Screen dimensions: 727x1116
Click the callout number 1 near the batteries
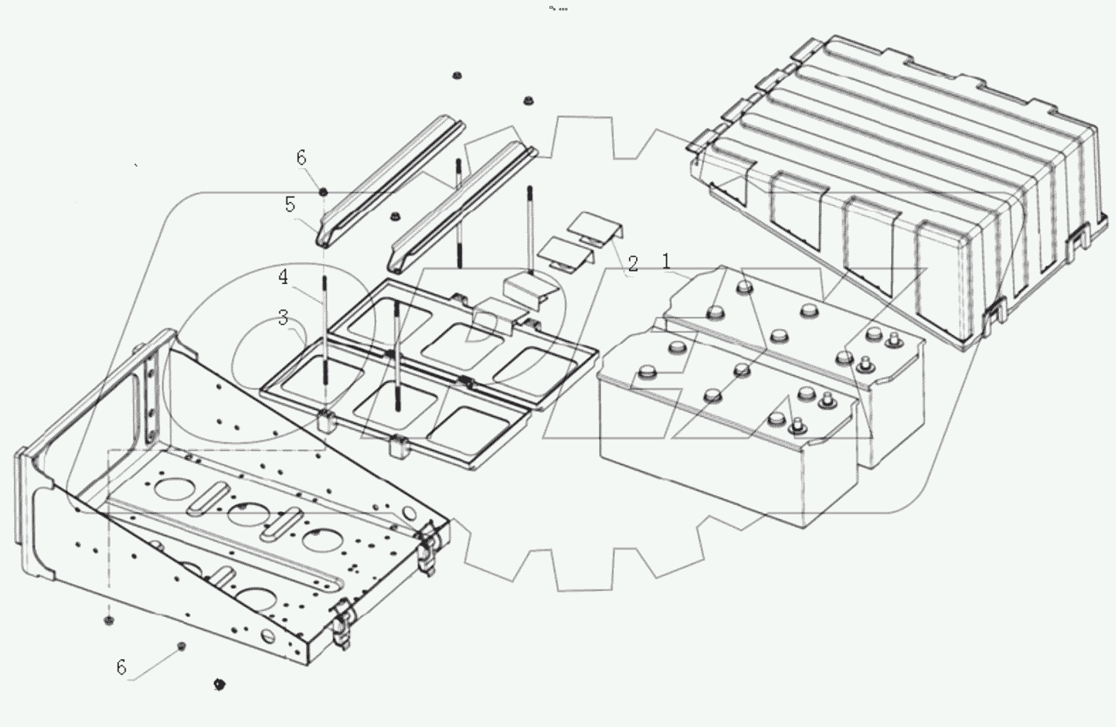(x=666, y=260)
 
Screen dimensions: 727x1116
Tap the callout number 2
(x=632, y=263)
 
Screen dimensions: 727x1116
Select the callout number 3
(x=283, y=317)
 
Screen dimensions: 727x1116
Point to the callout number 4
(x=283, y=277)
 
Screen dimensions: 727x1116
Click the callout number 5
(x=290, y=204)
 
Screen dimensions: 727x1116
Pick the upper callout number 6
(x=301, y=158)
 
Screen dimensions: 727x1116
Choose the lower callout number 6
(x=121, y=667)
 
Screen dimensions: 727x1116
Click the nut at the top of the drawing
(x=456, y=76)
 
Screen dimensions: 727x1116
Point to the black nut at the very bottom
(x=219, y=684)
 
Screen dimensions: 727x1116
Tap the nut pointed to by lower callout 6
(x=181, y=646)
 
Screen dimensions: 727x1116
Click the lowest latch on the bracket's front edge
(x=342, y=624)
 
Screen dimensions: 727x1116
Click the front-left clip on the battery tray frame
(x=326, y=419)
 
